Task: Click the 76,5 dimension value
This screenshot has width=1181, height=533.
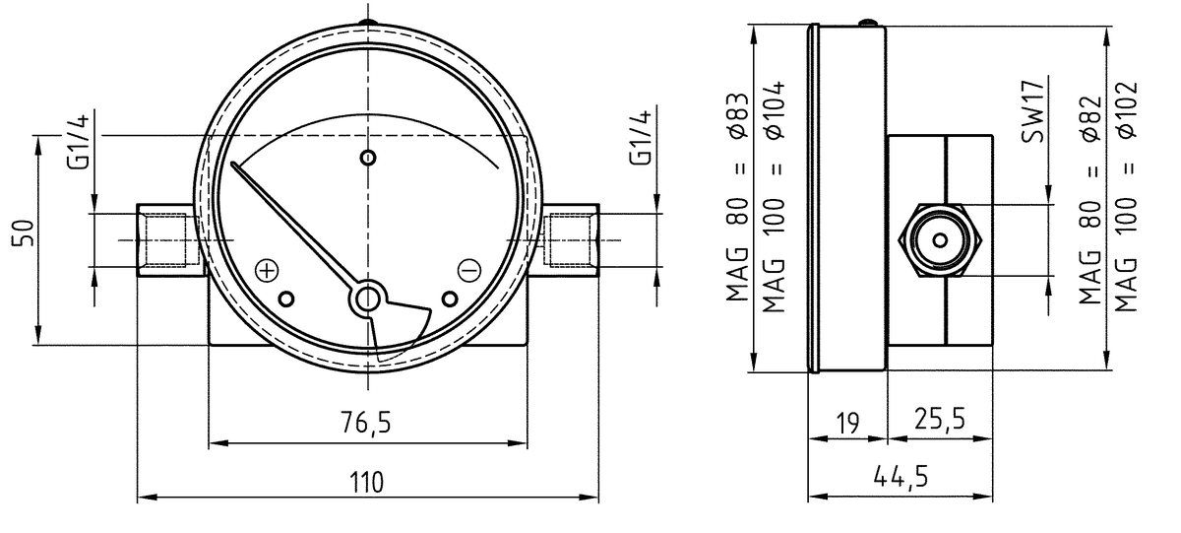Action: (x=366, y=423)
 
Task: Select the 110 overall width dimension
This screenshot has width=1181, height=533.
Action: (x=367, y=483)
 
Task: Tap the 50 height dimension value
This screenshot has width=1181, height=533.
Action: (x=24, y=233)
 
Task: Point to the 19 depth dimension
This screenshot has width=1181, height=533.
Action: (x=847, y=424)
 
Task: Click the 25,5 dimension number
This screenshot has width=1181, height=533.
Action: (x=940, y=419)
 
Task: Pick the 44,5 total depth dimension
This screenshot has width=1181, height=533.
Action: (x=901, y=476)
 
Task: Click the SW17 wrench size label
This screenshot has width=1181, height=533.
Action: (x=1032, y=112)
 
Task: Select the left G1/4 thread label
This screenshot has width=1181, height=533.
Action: (x=78, y=142)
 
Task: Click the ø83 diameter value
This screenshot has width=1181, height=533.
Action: (x=737, y=115)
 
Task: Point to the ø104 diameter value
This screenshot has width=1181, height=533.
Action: (x=774, y=109)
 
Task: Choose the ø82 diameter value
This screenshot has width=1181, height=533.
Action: (x=1090, y=118)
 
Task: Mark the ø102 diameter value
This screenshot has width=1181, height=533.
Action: (x=1127, y=109)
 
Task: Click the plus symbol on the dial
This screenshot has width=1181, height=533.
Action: (x=267, y=271)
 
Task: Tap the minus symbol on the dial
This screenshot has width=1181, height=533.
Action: (x=468, y=270)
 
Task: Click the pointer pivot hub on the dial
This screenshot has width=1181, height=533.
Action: (x=367, y=300)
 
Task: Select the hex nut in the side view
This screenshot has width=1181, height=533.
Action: (x=940, y=240)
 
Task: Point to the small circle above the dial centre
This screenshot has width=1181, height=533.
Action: (x=368, y=158)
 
